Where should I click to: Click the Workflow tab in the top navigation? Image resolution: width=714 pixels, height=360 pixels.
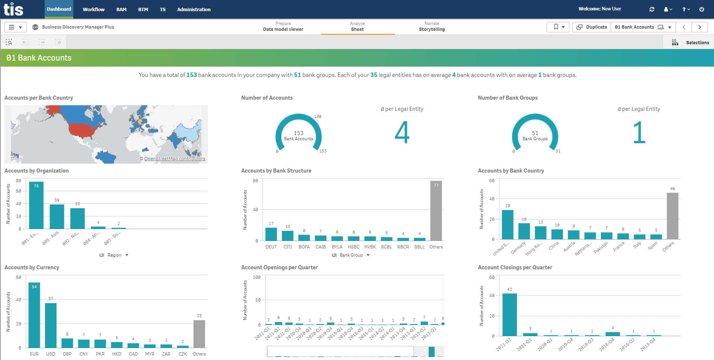(x=93, y=9)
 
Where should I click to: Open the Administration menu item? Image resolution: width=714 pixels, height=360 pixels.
(x=193, y=9)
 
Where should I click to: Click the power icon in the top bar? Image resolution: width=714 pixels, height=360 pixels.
(x=701, y=9)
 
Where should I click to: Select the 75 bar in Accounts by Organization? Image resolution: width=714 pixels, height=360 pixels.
(x=36, y=206)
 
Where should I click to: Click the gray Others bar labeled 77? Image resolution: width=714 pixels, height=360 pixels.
(x=436, y=212)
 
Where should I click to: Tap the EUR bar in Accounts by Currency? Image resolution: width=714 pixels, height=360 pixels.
(x=34, y=316)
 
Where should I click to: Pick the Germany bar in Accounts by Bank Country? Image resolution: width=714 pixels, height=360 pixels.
(x=524, y=231)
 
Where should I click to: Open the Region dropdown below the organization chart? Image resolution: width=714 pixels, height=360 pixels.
(x=114, y=255)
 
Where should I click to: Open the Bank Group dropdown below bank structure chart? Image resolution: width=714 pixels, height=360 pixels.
(x=351, y=255)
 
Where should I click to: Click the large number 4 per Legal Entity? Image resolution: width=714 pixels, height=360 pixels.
(x=402, y=132)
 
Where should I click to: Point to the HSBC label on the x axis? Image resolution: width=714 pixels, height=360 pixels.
(x=353, y=247)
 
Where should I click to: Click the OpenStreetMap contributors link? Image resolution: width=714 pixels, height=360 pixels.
(x=174, y=159)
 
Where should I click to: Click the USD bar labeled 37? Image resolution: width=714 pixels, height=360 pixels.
(x=51, y=325)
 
